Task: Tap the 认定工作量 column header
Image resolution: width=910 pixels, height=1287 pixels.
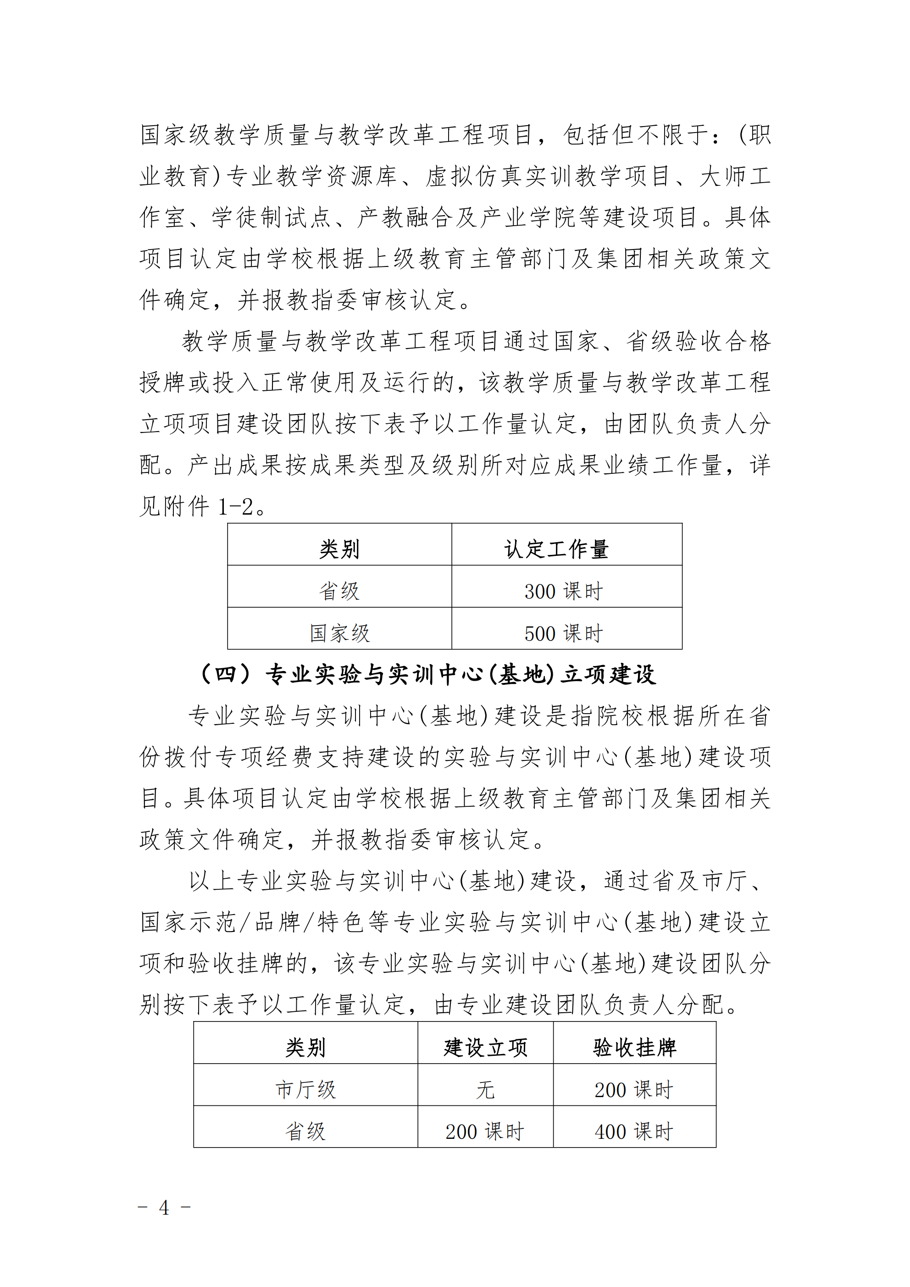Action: point(556,549)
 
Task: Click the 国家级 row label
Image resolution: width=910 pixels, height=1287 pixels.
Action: point(340,633)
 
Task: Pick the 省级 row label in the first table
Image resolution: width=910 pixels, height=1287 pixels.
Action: point(339,591)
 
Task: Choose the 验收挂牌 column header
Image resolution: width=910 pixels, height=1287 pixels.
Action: point(635,1047)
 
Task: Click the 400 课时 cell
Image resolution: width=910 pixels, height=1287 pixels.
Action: point(634,1132)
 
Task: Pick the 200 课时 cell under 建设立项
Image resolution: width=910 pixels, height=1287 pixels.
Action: point(485,1132)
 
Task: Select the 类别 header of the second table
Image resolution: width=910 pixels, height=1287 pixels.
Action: point(305,1047)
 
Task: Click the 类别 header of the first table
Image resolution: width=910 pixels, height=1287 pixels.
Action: point(339,549)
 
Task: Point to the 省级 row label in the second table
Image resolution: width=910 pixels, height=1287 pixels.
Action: point(305,1132)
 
